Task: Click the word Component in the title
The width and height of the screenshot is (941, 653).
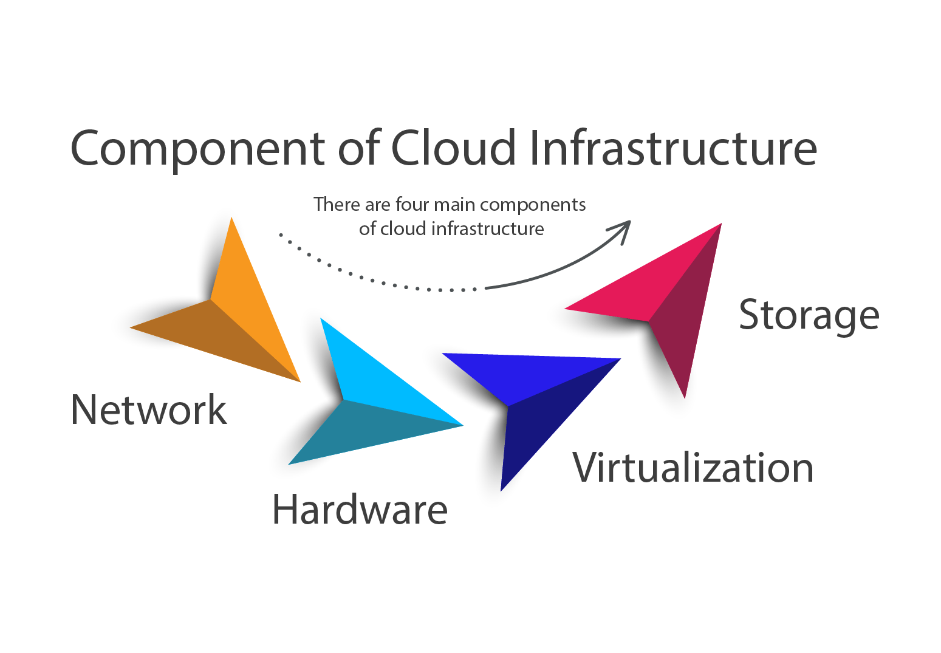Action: [198, 149]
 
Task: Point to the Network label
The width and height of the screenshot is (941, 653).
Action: [149, 409]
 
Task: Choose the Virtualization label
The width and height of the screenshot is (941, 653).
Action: [693, 468]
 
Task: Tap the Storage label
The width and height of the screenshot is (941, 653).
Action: [809, 315]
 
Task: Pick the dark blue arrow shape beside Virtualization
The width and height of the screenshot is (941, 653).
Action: [535, 401]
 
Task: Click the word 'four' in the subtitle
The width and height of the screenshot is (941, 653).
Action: [412, 204]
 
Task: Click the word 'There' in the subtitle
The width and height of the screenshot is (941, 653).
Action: [337, 204]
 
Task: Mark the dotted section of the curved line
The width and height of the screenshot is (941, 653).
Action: [364, 276]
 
